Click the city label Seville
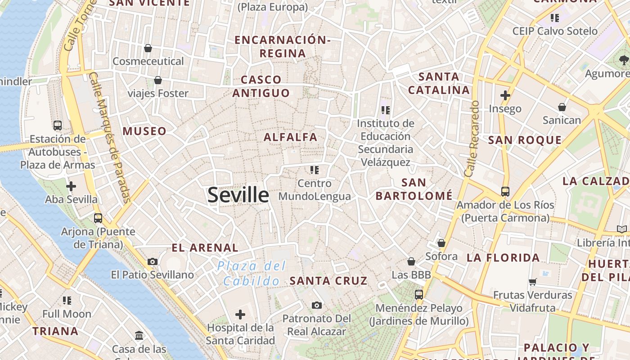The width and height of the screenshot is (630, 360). pos(238,195)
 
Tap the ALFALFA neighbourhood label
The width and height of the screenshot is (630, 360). pos(290,137)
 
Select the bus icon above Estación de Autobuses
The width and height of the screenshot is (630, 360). pos(58,126)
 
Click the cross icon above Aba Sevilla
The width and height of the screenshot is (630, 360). pos(71,186)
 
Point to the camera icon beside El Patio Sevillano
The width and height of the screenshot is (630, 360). pos(153,261)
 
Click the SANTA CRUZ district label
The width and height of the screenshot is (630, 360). pos(328,281)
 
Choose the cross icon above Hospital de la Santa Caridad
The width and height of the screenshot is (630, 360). pos(240,314)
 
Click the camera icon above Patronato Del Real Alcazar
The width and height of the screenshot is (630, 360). pos(317,306)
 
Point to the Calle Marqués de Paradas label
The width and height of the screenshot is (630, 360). pos(110,137)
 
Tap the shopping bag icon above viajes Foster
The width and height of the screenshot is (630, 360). pos(158,80)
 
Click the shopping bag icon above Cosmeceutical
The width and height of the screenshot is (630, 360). pos(148,48)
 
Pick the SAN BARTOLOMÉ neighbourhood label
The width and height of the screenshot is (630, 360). pos(414,189)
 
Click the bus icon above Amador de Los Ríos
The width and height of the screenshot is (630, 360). pos(505,192)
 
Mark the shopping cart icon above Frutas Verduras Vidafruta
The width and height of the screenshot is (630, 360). pos(533,282)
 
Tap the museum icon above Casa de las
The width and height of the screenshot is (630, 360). pos(139,336)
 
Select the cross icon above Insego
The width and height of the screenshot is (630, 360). pos(505,95)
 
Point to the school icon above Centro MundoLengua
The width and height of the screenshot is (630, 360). pos(315,170)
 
